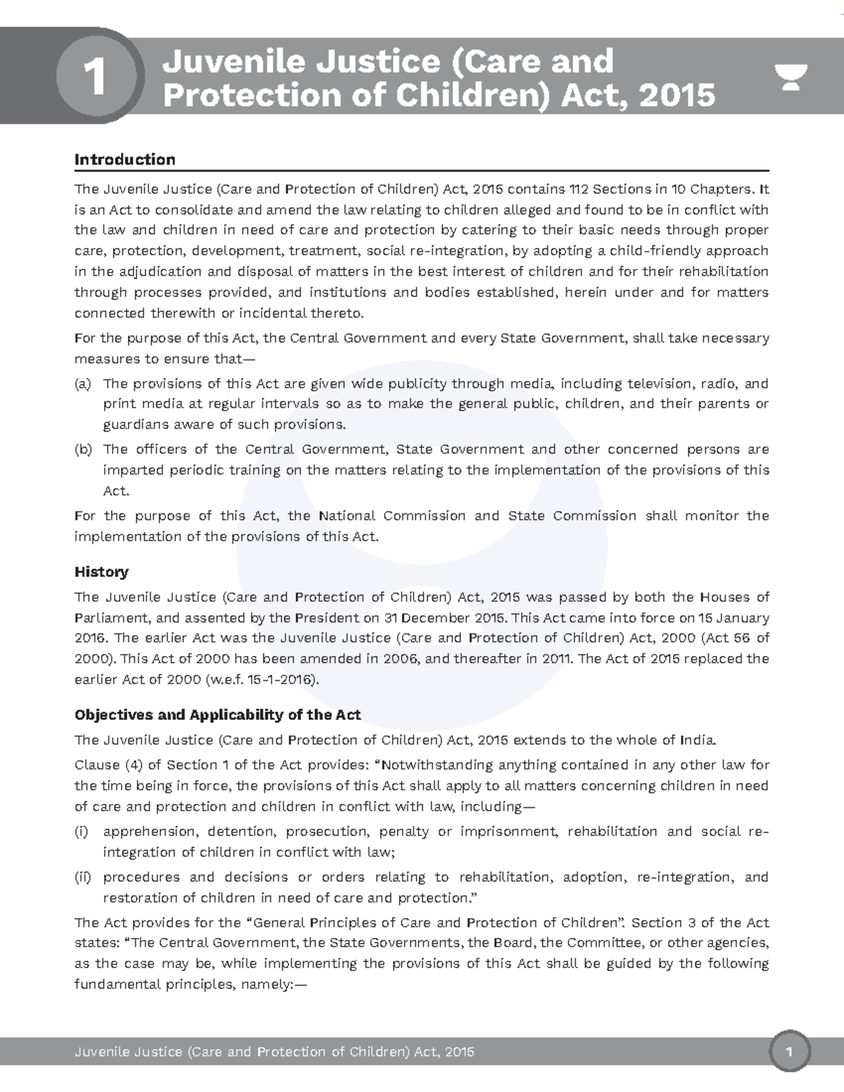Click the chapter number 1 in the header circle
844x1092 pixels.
click(94, 77)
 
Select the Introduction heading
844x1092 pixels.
click(124, 160)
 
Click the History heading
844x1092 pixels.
click(101, 572)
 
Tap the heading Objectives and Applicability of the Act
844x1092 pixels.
click(217, 715)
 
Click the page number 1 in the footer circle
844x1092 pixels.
click(791, 1053)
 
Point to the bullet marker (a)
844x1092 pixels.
click(83, 384)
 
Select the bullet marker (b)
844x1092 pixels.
click(83, 449)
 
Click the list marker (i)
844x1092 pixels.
click(82, 832)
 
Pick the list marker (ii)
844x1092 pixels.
click(83, 878)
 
